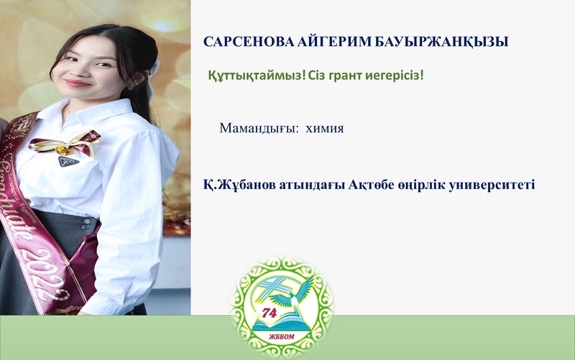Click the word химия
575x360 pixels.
[x=325, y=129]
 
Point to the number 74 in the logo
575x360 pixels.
[x=269, y=313]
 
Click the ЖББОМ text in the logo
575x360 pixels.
[x=281, y=337]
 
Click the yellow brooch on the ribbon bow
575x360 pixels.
[x=63, y=150]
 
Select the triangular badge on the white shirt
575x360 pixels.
[x=68, y=161]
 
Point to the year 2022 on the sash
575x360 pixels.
[x=47, y=274]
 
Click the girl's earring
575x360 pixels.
[x=131, y=87]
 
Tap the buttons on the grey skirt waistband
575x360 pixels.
[x=86, y=223]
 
